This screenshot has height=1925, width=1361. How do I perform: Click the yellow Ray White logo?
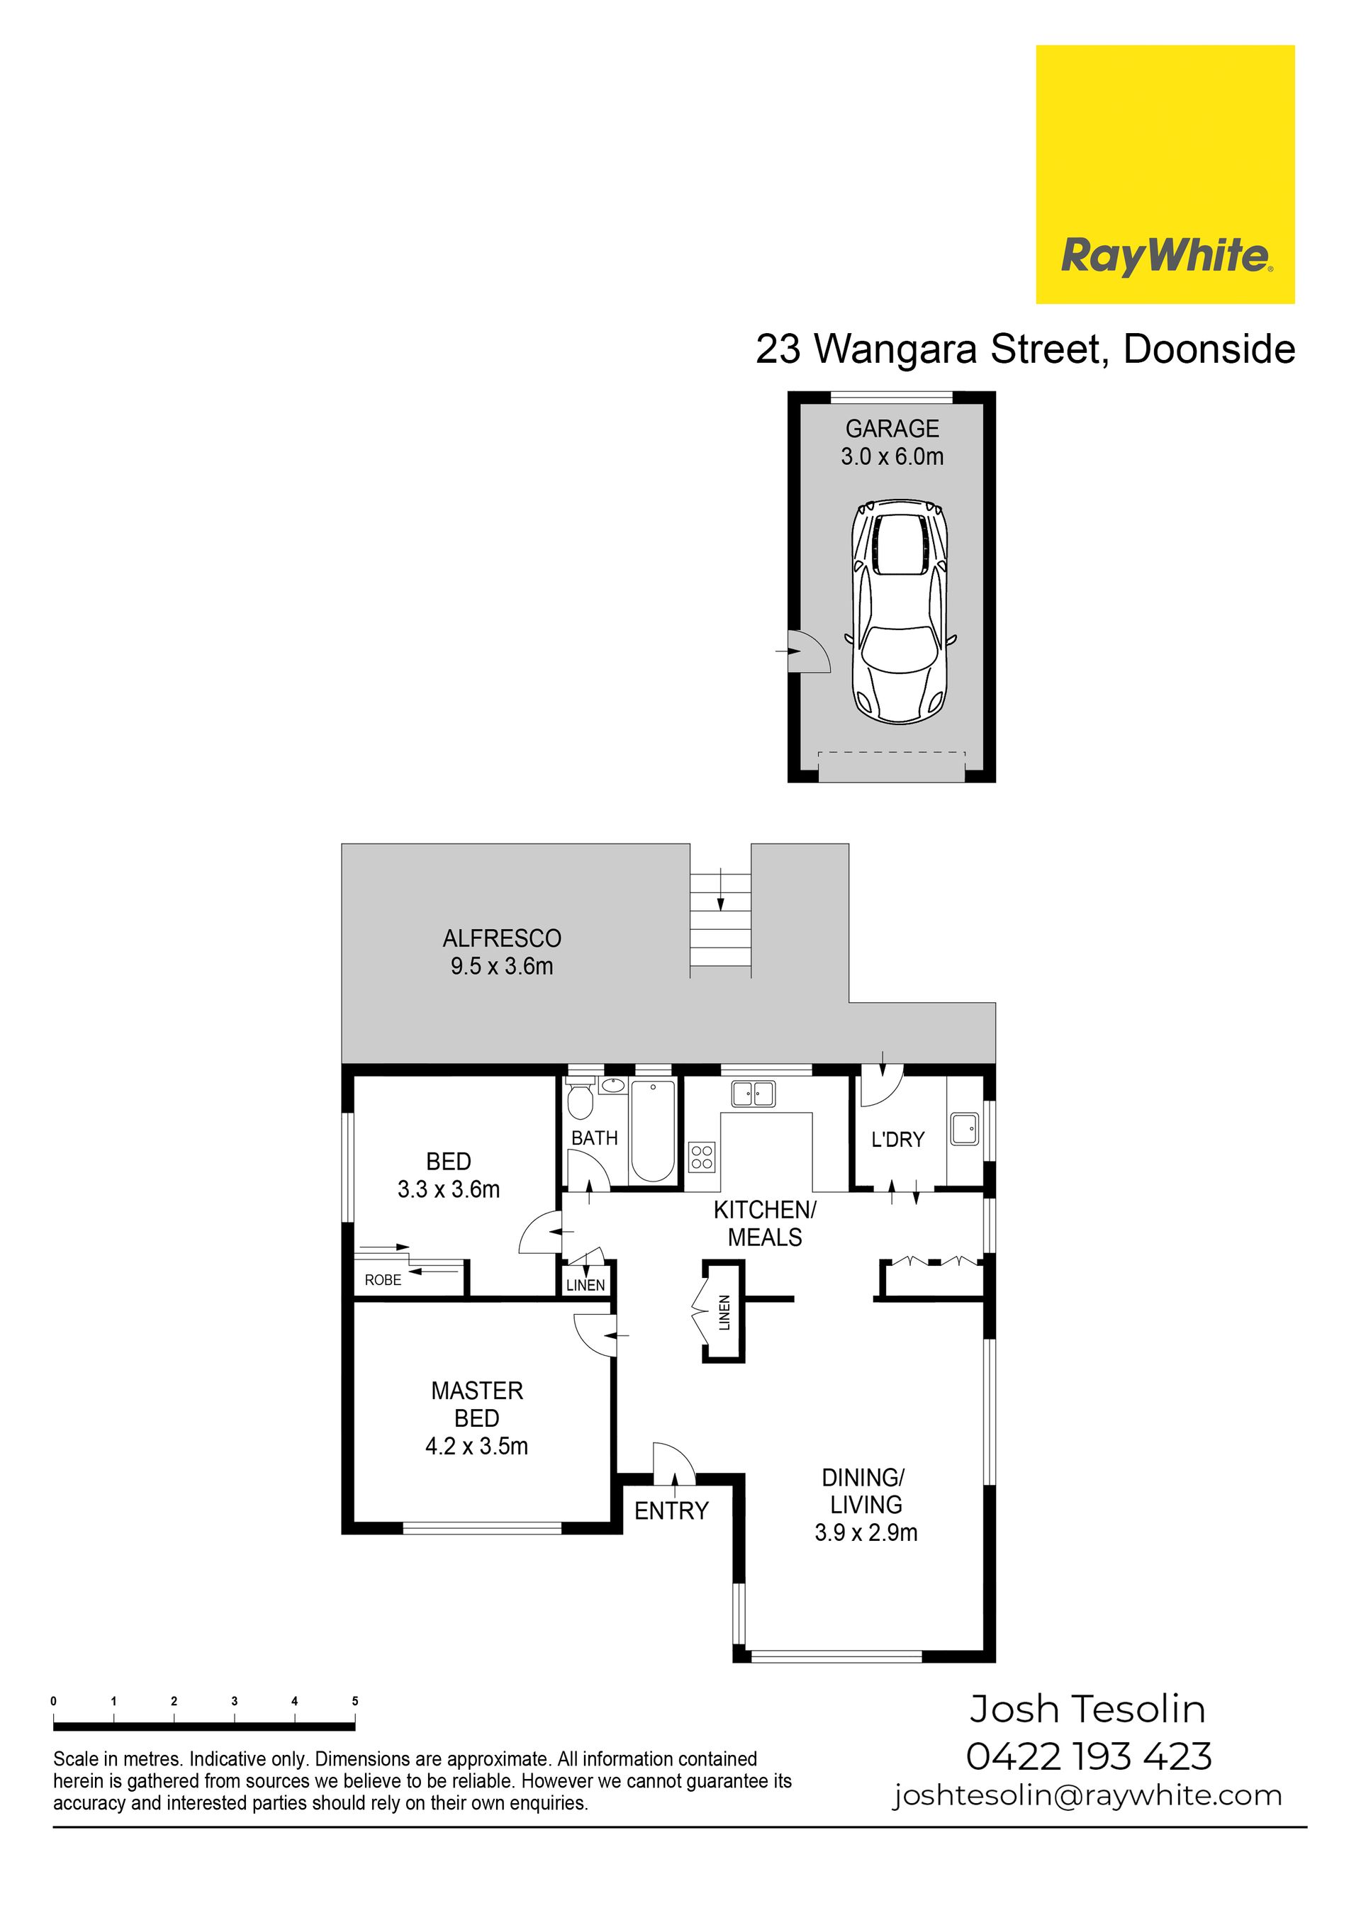1165,174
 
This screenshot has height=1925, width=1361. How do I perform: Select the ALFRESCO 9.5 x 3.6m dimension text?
501,967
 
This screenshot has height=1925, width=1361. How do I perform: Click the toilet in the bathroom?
579,1101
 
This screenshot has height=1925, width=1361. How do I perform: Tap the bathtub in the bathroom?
652,1130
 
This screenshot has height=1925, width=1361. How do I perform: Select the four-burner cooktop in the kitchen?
701,1157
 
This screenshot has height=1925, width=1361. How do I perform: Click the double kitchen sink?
753,1094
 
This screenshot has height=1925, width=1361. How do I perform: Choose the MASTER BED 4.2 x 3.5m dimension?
476,1447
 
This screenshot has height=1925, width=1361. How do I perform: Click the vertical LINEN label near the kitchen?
724,1313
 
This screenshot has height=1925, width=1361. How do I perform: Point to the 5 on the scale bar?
354,1702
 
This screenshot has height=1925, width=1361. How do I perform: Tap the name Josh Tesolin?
1087,1710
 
